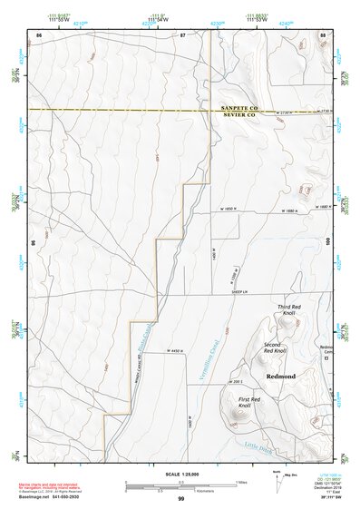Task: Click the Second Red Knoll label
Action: (x=275, y=348)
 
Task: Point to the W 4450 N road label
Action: (x=181, y=350)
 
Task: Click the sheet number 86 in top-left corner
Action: (x=38, y=34)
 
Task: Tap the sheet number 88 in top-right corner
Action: (x=322, y=34)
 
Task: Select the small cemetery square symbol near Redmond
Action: (x=326, y=358)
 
